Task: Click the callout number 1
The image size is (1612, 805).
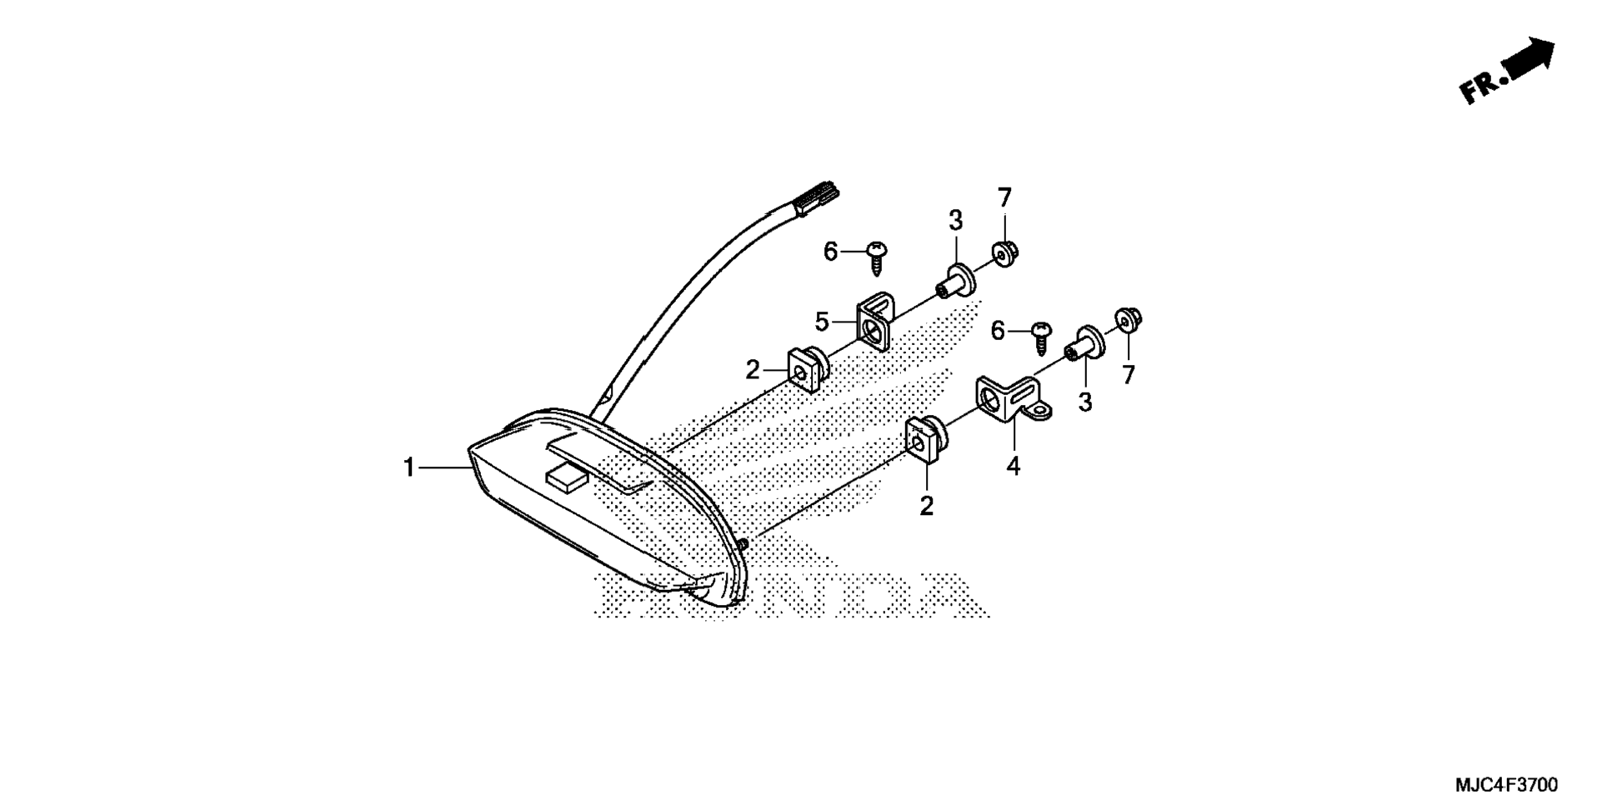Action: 408,468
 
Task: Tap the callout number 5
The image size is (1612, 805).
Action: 822,321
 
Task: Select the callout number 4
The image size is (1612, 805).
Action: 1013,467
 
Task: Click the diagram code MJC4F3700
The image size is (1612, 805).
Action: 1505,785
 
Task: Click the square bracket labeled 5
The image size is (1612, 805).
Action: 874,321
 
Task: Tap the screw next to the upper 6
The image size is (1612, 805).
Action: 876,256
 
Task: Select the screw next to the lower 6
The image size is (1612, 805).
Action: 1041,336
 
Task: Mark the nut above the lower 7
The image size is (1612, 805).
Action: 1128,320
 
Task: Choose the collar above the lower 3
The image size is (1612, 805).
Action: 1084,344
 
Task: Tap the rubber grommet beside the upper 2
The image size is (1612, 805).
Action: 807,369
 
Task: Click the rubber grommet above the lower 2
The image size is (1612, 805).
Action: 926,439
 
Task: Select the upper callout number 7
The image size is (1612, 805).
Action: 1004,198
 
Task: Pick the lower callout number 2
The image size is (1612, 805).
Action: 926,506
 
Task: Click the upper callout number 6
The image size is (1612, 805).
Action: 830,251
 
